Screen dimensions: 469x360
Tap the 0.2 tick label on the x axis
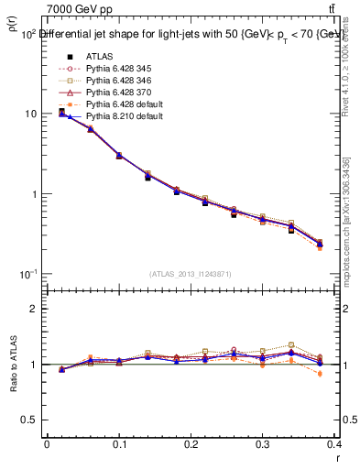(x=191, y=445)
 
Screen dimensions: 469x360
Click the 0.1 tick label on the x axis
(x=119, y=445)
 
